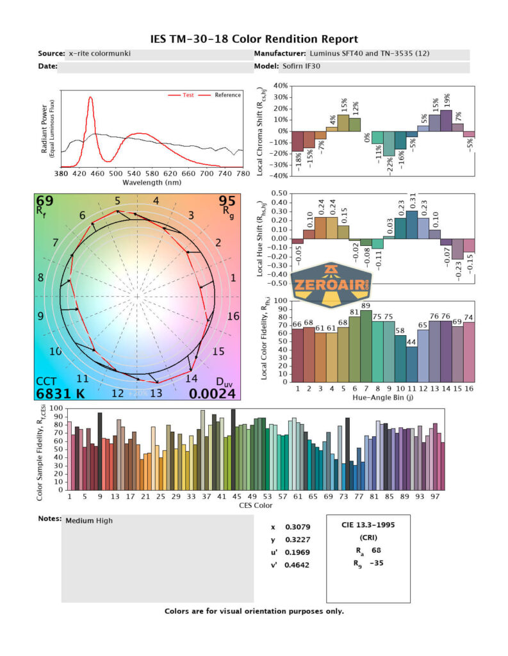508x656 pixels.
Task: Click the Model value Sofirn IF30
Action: coord(301,67)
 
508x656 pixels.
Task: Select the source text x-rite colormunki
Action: coord(99,54)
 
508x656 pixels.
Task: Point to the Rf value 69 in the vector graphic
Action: coord(45,202)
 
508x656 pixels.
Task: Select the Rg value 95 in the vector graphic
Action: coord(227,202)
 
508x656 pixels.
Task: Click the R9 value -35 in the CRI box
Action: coord(376,563)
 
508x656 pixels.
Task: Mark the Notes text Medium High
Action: coord(89,521)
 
